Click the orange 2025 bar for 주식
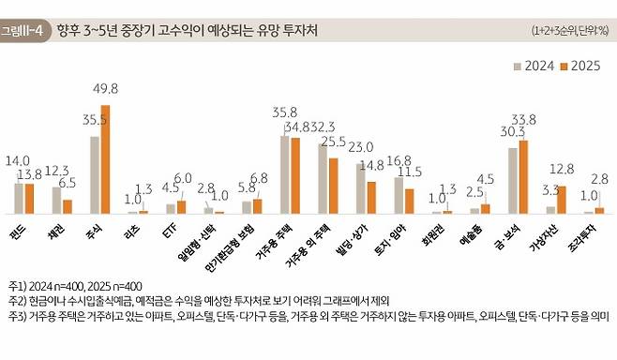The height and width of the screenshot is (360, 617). click(x=106, y=159)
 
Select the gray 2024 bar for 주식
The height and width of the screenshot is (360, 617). click(x=95, y=175)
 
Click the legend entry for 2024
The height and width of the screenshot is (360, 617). click(x=533, y=66)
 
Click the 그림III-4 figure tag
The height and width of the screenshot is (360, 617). click(x=23, y=31)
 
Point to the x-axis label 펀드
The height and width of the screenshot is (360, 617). click(x=19, y=228)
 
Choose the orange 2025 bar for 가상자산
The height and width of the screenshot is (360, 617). click(x=562, y=200)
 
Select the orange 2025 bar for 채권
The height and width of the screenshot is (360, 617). click(x=68, y=207)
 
